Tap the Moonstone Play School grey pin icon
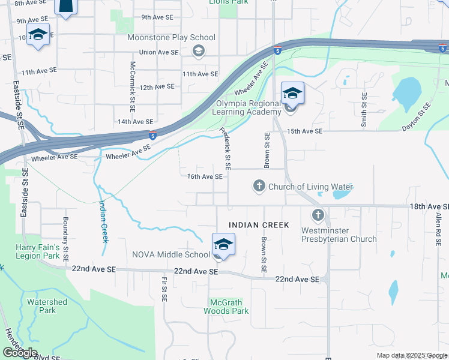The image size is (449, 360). coord(197,51)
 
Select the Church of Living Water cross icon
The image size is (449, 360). coord(259,187)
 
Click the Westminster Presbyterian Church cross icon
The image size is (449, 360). coord(318,215)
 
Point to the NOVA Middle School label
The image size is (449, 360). coord(171,254)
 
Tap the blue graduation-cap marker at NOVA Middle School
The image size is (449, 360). coord(223,245)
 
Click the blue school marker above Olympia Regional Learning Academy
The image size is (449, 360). coord(292,93)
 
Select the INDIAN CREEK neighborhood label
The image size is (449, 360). coord(259,225)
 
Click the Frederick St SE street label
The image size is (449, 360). coord(226,148)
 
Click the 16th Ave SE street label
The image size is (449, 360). coord(205,177)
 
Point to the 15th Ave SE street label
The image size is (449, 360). coord(305,131)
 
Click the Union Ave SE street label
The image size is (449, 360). coord(159,52)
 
